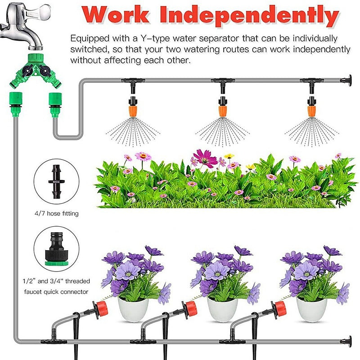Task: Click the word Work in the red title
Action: (x=118, y=16)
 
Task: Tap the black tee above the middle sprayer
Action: (x=222, y=82)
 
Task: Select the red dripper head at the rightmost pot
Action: (x=280, y=308)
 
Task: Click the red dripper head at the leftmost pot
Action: (x=102, y=308)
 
